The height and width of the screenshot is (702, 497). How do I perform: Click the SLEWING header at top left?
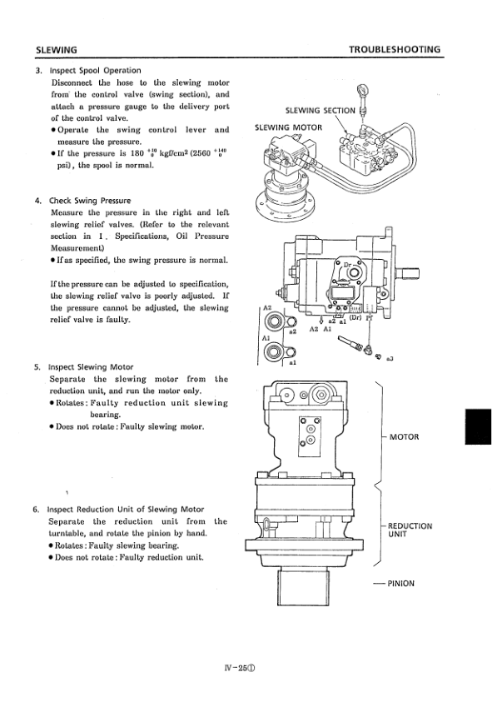[x=57, y=50]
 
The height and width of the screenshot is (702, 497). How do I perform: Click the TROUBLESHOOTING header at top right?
[x=395, y=49]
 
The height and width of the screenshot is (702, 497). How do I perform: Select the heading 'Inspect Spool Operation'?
[x=95, y=70]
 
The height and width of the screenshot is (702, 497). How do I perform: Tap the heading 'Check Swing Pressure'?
[x=90, y=201]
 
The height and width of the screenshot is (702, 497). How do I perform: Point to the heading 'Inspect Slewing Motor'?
[x=91, y=367]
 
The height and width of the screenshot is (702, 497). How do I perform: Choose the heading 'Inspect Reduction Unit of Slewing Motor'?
[x=126, y=510]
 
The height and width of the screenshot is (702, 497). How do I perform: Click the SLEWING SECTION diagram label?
[x=321, y=111]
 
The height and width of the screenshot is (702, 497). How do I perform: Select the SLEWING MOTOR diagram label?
[x=288, y=127]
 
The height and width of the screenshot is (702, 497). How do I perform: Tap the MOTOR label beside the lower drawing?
[x=405, y=437]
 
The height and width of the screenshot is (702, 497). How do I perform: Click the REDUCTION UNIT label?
[x=410, y=530]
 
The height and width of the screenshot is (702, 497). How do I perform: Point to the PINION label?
[x=400, y=584]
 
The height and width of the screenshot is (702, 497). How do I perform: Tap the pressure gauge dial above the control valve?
[x=362, y=92]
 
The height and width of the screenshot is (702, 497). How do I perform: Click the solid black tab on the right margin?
[x=478, y=426]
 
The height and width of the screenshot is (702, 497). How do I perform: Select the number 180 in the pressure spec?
[x=137, y=153]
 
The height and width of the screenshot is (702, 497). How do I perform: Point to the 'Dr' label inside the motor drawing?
[x=347, y=265]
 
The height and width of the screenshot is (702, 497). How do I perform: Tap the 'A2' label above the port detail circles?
[x=267, y=308]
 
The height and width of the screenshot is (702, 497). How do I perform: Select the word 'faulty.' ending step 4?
[x=117, y=320]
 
